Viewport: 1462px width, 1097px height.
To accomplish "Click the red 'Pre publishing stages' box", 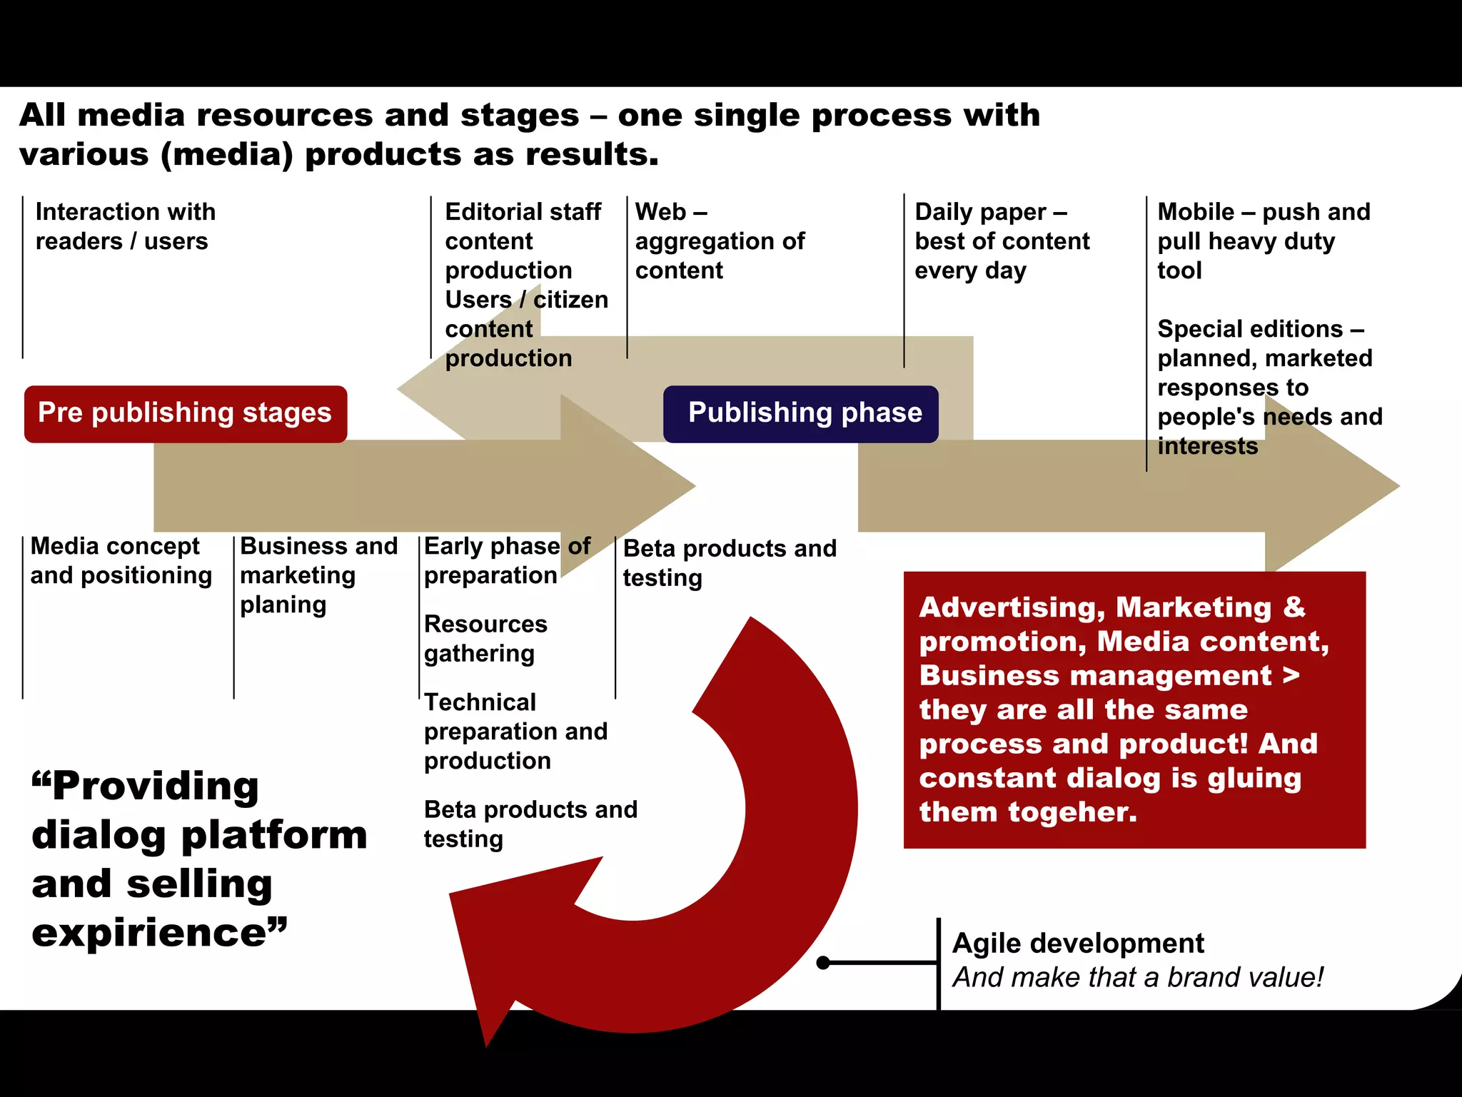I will point(186,414).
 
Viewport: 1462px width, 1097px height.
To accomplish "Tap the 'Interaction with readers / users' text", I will point(125,226).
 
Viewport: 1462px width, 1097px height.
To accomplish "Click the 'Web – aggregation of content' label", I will point(719,241).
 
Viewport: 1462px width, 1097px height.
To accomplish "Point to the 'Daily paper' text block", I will point(1001,241).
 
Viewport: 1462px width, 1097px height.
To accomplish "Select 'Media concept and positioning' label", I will point(121,560).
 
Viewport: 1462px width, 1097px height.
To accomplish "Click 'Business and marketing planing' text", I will point(318,575).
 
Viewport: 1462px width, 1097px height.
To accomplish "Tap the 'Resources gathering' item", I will point(485,638).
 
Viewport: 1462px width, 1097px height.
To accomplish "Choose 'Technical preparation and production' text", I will point(515,731).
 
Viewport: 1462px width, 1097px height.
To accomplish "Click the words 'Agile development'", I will point(1077,944).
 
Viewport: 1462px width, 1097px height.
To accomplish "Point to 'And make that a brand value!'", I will point(1137,977).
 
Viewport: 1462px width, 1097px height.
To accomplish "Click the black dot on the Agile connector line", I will point(823,963).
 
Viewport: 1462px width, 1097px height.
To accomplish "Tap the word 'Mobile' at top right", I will point(1195,212).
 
